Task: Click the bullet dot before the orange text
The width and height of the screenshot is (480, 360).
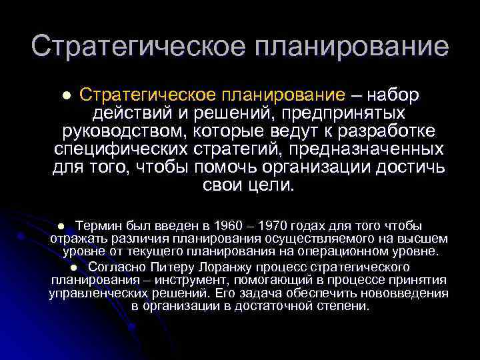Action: (66, 96)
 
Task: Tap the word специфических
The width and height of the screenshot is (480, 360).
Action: (117, 147)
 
